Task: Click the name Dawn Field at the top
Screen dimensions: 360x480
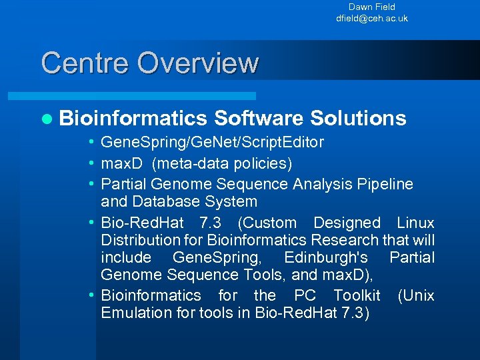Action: click(x=371, y=7)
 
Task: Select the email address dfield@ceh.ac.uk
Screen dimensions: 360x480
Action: click(x=371, y=19)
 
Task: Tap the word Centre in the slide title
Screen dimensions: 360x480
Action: click(x=85, y=63)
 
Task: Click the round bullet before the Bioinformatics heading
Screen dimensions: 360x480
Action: click(x=46, y=119)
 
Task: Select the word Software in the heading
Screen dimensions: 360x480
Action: click(x=259, y=118)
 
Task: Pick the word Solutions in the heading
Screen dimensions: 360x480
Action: click(x=358, y=118)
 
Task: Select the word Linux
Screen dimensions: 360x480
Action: click(x=415, y=223)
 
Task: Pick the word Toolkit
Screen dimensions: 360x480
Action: click(x=357, y=295)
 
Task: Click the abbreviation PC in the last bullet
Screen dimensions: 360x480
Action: click(x=305, y=295)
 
